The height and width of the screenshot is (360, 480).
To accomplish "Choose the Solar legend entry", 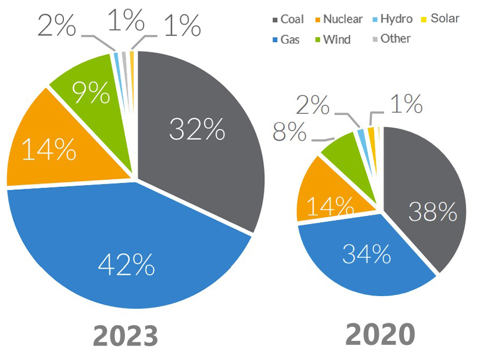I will coord(441,19).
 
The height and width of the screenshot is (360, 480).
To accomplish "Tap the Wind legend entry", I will coord(333,39).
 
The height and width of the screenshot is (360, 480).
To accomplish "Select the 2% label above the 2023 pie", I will coord(58,26).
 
